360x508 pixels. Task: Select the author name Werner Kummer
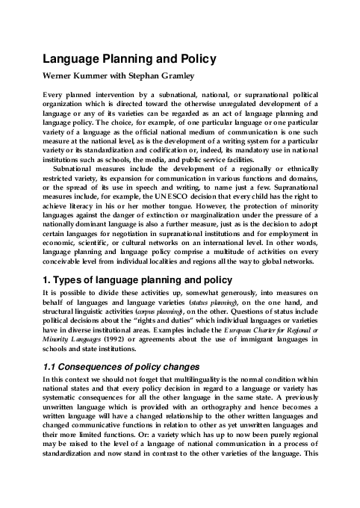tap(79, 77)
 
